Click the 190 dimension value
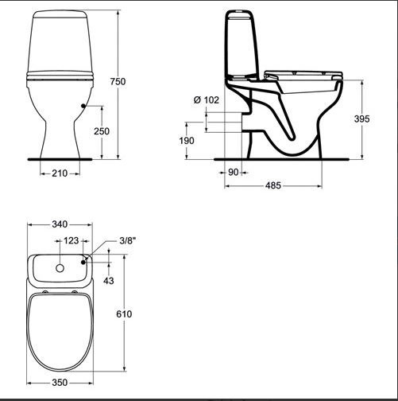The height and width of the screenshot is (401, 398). pos(186,141)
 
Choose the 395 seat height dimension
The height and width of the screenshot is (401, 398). pos(361,119)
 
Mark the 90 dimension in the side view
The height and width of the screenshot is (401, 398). pos(234,171)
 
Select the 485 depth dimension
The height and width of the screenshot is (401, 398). pos(273,186)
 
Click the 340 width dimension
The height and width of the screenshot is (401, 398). pos(60,225)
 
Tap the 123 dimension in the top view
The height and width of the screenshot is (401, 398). pos(71,239)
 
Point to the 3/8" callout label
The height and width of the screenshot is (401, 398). pos(126,239)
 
